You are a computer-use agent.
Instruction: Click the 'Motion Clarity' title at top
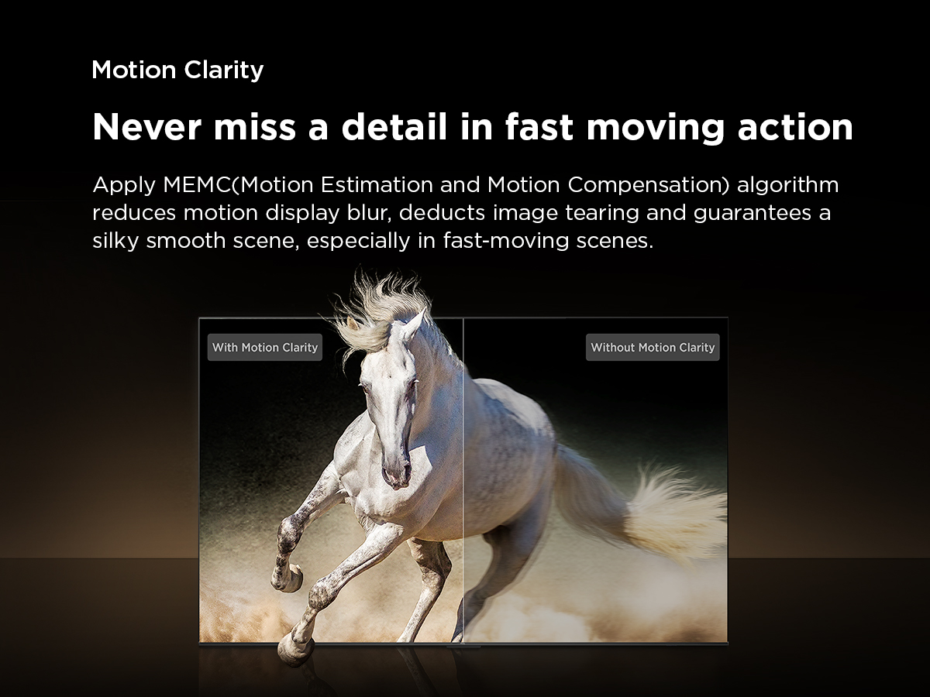178,70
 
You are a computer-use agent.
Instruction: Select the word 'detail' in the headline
394,126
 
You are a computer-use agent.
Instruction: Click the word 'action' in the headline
795,126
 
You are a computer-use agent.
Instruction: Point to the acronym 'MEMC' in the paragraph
197,185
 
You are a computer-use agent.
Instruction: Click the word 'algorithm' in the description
787,186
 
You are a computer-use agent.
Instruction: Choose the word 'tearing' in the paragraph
602,213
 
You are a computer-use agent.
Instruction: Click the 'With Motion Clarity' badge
265,348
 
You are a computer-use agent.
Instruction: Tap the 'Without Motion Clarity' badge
653,348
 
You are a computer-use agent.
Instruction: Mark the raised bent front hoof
288,575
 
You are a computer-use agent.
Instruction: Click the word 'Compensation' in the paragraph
648,186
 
